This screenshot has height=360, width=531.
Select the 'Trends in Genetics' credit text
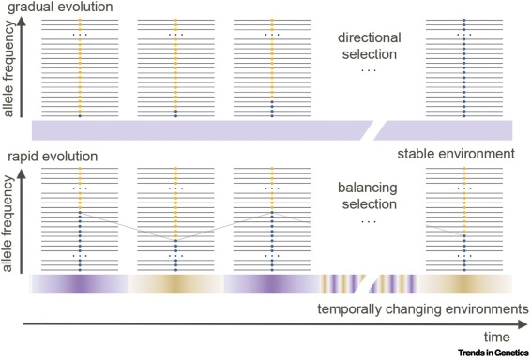tap(492, 353)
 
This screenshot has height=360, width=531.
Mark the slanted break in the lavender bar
tap(380, 129)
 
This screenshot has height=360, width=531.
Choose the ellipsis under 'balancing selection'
tap(368, 220)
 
